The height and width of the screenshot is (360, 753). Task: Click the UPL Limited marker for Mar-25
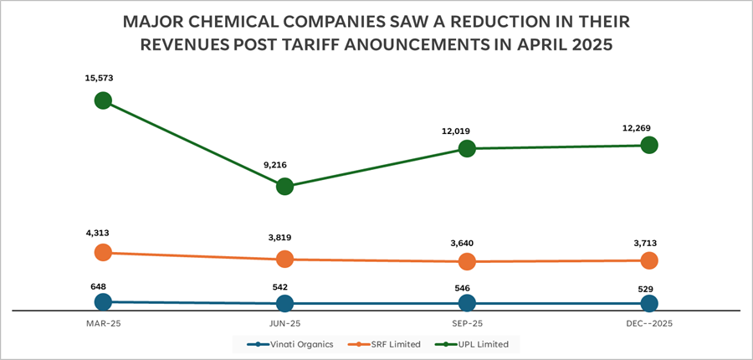click(x=103, y=100)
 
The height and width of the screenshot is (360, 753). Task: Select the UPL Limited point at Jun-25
click(x=284, y=186)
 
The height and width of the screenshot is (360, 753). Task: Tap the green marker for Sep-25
click(x=467, y=149)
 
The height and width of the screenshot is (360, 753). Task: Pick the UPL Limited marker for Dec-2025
click(x=648, y=145)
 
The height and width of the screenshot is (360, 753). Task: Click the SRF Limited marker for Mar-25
click(x=103, y=252)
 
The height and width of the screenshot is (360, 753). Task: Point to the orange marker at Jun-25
click(x=284, y=260)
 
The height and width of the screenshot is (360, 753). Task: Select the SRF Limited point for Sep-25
click(x=467, y=262)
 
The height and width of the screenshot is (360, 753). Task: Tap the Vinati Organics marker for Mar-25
click(x=103, y=301)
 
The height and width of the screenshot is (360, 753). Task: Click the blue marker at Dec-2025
click(x=648, y=303)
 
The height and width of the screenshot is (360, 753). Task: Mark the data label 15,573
click(x=99, y=78)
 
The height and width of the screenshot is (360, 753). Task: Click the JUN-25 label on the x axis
click(x=284, y=322)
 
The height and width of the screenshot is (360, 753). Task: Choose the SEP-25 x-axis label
click(x=467, y=322)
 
